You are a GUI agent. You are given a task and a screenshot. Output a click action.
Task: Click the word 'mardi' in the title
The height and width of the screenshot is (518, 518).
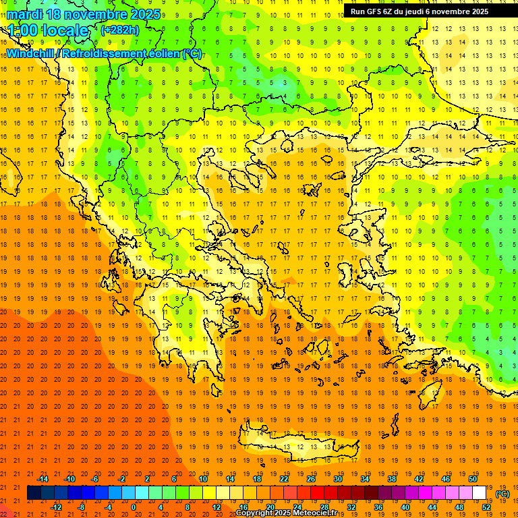tap(26, 14)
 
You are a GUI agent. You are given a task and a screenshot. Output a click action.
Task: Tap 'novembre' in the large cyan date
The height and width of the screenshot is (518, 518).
tap(97, 14)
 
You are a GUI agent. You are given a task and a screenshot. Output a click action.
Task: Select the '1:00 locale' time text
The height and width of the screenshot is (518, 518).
tap(49, 30)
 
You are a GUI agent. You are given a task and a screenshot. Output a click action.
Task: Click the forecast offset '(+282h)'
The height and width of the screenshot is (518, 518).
tap(119, 30)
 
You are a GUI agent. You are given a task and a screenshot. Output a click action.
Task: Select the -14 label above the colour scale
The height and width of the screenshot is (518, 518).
tap(42, 479)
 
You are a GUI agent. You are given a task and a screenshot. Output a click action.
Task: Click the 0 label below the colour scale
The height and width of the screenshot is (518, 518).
tap(134, 507)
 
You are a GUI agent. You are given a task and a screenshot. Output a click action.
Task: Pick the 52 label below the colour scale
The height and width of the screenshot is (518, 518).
tap(486, 507)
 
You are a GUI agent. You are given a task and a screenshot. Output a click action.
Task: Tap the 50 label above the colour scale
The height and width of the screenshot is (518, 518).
tap(472, 479)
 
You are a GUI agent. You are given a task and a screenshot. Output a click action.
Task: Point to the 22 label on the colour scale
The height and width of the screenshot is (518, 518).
tap(284, 479)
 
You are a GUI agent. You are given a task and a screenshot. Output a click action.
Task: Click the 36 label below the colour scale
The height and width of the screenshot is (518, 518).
tap(378, 507)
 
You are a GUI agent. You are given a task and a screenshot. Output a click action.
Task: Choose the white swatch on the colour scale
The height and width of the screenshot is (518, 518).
tap(479, 493)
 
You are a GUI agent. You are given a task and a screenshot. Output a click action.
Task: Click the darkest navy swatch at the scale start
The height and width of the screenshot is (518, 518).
tap(34, 493)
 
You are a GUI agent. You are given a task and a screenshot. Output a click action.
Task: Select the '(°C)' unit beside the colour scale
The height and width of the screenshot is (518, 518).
tap(502, 494)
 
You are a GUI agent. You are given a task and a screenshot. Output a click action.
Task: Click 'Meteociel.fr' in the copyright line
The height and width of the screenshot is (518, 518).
tap(317, 513)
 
